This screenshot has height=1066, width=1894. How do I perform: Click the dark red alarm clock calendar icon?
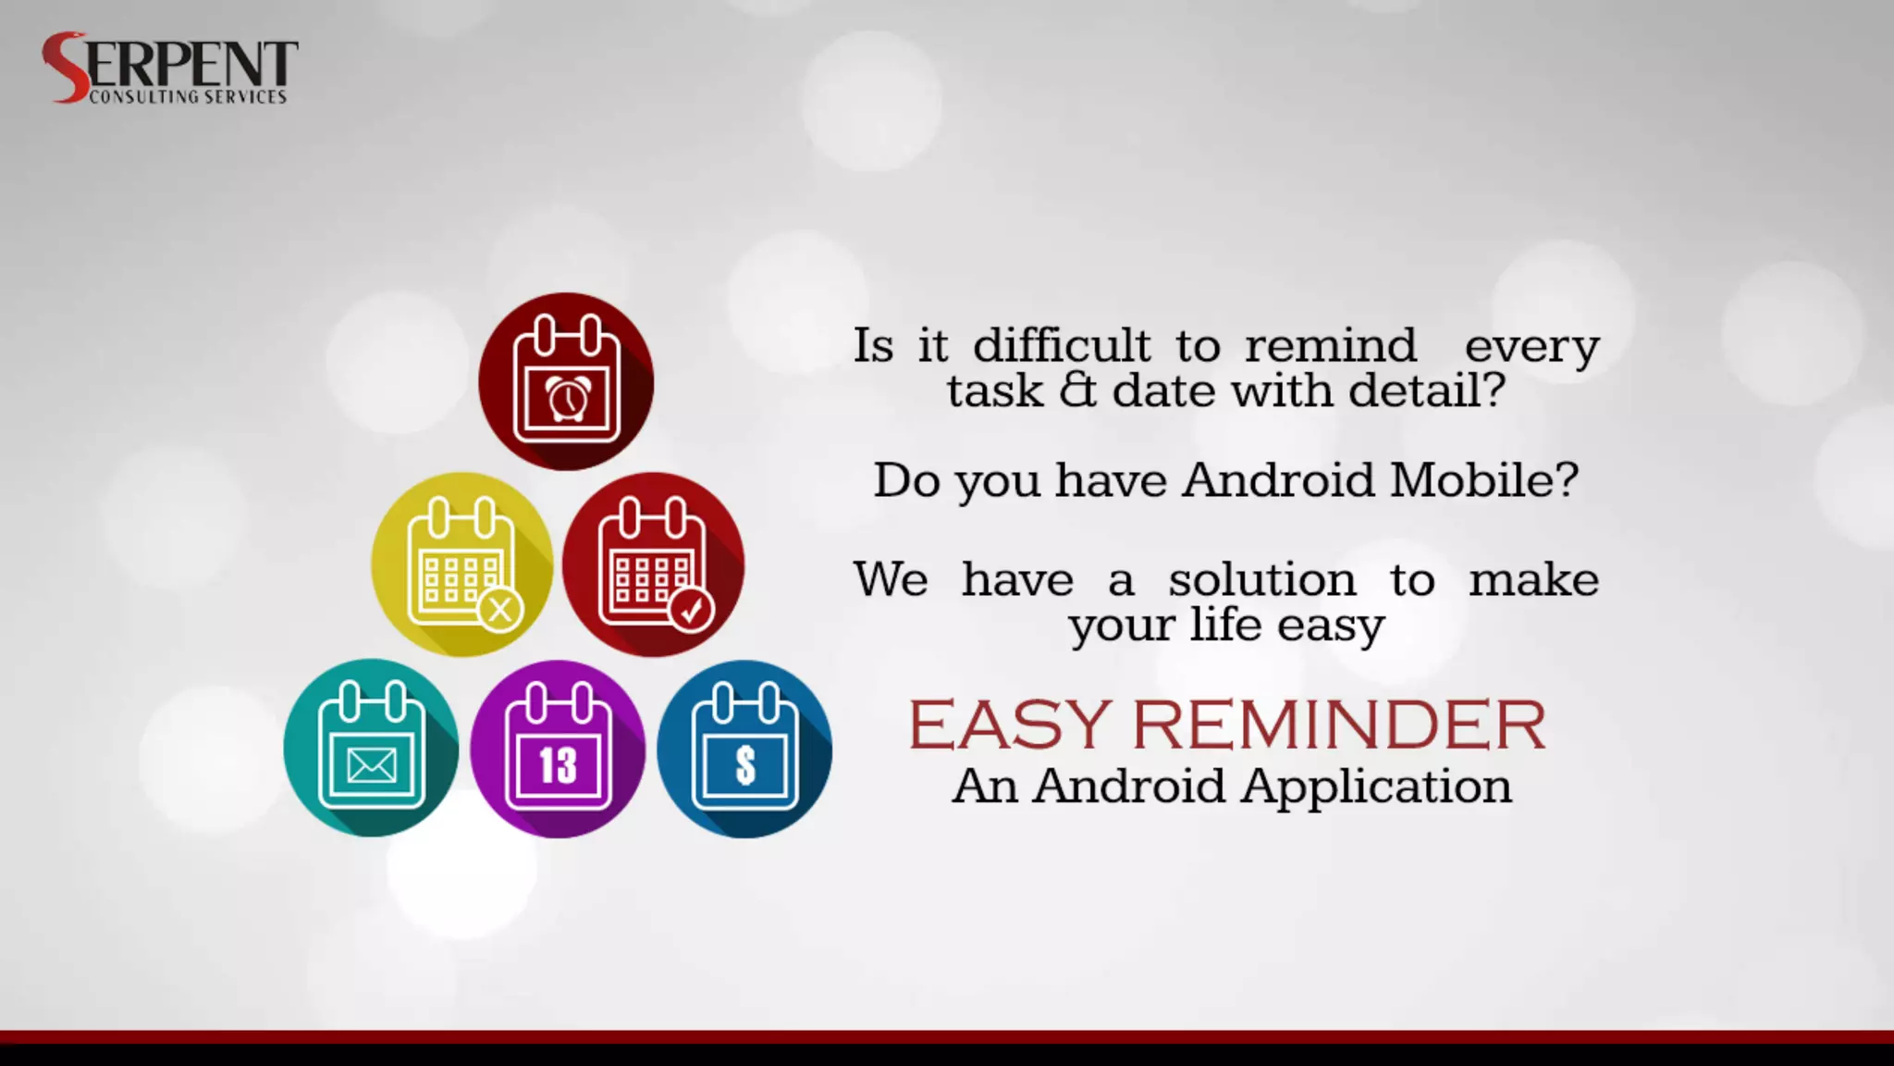(566, 381)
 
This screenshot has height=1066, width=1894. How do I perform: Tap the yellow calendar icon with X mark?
(461, 564)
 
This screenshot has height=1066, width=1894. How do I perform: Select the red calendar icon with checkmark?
(653, 564)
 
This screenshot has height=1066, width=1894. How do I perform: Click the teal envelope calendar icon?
(371, 748)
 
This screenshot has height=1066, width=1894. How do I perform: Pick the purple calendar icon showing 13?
(558, 749)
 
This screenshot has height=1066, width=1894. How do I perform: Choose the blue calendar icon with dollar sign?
(744, 749)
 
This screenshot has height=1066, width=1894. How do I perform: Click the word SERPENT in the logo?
(171, 63)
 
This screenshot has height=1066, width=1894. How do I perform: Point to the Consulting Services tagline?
(188, 96)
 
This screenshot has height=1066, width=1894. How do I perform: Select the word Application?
(1376, 787)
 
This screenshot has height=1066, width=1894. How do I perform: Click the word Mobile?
(1483, 480)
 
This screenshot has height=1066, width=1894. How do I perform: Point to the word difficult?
(1062, 346)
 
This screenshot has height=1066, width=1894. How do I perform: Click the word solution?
(1261, 580)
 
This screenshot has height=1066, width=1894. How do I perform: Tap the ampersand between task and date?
(1077, 390)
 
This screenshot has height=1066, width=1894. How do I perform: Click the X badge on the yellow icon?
(501, 610)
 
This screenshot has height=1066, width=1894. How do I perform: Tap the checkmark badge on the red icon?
(692, 610)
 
